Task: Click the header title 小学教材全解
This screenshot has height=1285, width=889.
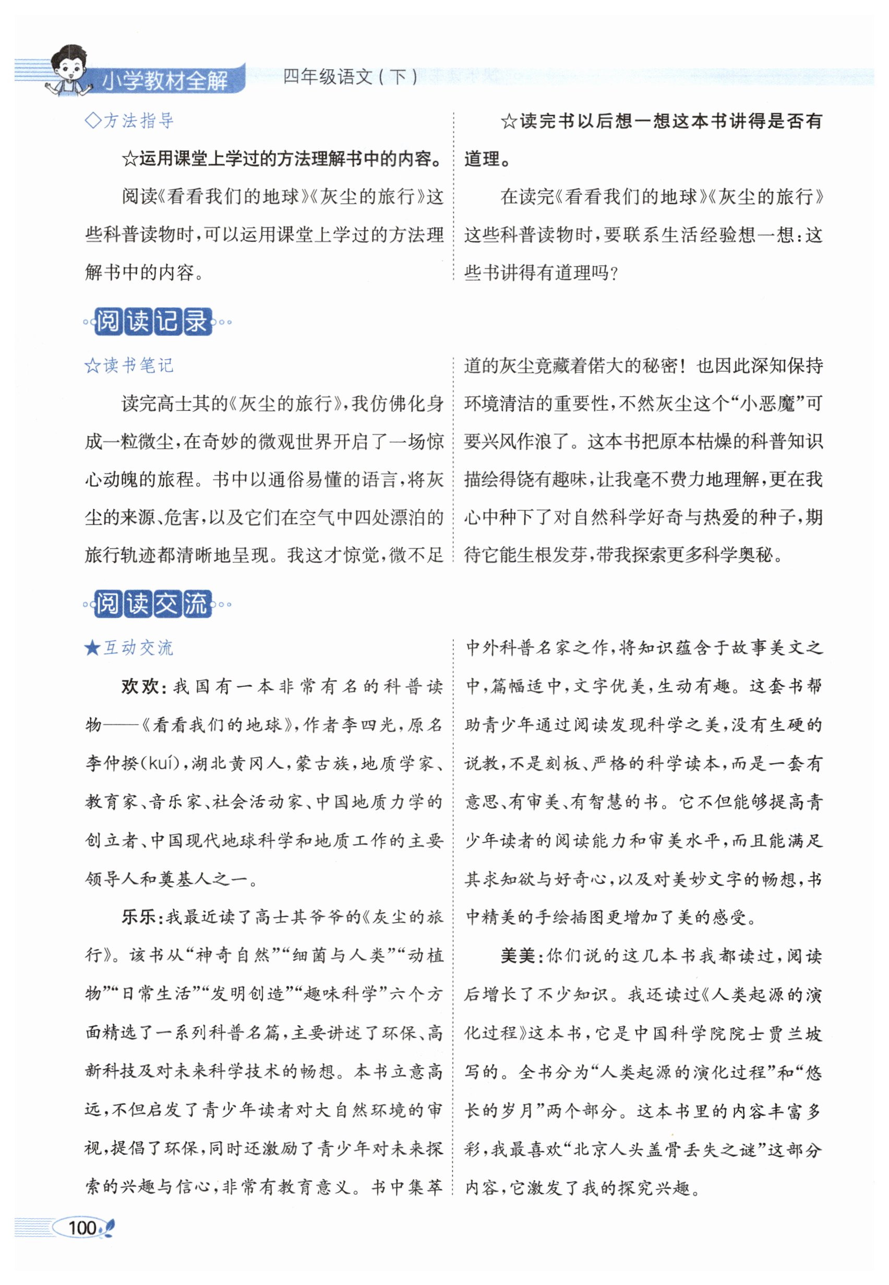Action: click(x=165, y=81)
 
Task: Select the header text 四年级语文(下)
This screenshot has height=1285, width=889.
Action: click(x=350, y=77)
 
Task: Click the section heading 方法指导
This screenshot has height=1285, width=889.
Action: click(x=138, y=120)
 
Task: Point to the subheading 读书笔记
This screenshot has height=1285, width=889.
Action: click(x=138, y=365)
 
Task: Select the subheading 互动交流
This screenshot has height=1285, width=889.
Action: click(x=138, y=648)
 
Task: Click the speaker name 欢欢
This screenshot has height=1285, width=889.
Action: click(x=140, y=686)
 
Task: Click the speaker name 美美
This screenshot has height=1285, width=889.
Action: click(x=518, y=956)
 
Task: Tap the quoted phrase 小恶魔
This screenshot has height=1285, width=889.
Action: click(x=768, y=404)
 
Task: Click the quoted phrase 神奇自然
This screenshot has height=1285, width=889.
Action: click(x=232, y=956)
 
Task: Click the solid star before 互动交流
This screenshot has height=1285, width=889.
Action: click(x=92, y=648)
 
